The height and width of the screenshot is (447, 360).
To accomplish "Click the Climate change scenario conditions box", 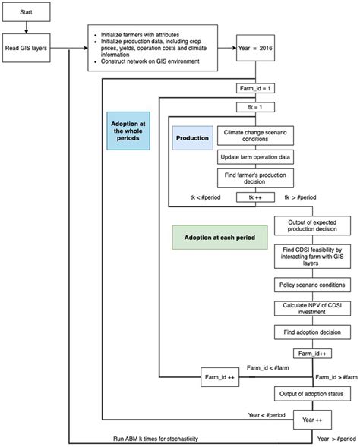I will [x=255, y=137].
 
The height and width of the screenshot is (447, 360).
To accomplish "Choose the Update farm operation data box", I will [x=255, y=157].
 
